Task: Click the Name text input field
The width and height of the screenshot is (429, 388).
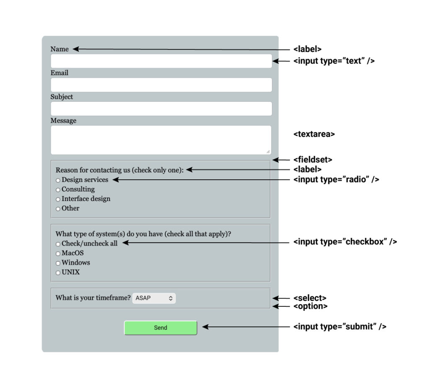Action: (161, 61)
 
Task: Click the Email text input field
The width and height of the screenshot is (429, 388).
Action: (161, 85)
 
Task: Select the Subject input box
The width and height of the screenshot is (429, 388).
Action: (161, 109)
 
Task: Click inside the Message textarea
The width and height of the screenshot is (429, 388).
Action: (161, 140)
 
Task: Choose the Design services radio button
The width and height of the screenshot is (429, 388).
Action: (58, 180)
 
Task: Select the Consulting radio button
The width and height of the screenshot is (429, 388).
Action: (58, 190)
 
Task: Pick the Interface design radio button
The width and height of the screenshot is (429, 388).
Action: (58, 199)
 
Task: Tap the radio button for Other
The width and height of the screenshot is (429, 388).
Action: (58, 209)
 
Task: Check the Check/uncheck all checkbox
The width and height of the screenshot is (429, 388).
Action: (58, 244)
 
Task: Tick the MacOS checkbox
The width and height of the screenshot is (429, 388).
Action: (58, 253)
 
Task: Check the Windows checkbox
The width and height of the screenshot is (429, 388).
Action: (58, 263)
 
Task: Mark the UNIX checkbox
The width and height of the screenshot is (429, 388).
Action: (58, 273)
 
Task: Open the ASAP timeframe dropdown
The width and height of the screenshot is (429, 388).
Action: (154, 298)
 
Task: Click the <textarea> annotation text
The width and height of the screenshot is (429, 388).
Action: (314, 134)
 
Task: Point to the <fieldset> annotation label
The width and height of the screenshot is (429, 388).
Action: (313, 160)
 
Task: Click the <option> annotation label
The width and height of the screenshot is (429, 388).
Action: (310, 306)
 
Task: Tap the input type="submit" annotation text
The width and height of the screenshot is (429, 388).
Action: (340, 326)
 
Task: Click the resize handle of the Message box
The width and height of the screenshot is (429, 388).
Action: (268, 152)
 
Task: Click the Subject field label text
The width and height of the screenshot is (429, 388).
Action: (62, 97)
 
